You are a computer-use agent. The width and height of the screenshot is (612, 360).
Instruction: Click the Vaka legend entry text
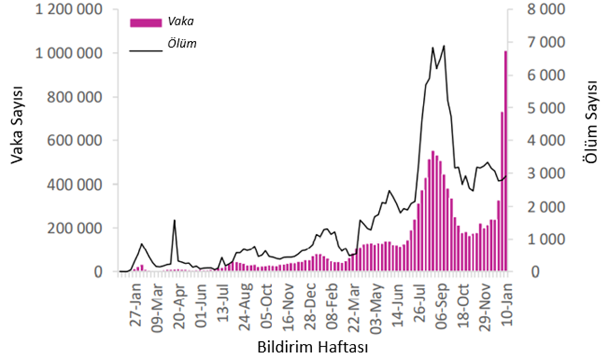coord(181,22)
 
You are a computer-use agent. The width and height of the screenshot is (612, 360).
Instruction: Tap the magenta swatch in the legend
coord(145,23)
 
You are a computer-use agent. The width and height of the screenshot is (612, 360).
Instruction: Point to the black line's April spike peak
coord(174,221)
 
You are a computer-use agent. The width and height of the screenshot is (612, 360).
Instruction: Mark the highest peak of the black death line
coord(444,46)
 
